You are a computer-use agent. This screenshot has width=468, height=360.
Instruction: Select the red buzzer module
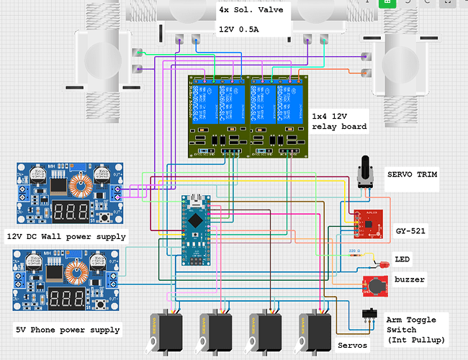(376, 286)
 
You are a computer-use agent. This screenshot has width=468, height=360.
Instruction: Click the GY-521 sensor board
(368, 223)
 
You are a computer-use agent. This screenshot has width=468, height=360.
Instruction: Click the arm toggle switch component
(369, 316)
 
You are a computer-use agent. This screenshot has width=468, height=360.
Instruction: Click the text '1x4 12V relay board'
(339, 120)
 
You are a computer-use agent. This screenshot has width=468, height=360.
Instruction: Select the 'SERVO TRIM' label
(413, 175)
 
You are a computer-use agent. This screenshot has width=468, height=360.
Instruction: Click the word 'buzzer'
(410, 279)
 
